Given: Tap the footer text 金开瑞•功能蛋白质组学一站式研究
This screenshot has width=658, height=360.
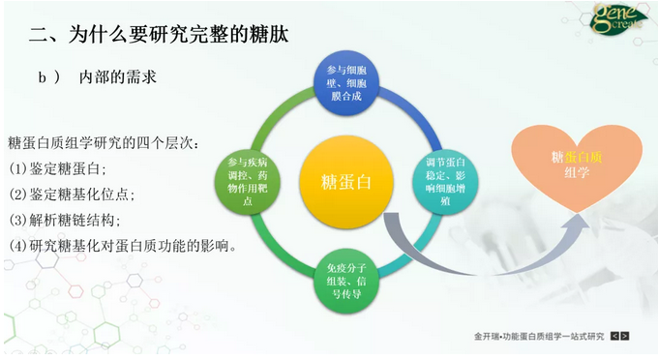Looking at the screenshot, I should tap(539, 337).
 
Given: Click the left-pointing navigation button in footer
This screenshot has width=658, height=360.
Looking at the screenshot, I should tap(613, 337).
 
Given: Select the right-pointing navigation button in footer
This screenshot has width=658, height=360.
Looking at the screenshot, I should tap(625, 337).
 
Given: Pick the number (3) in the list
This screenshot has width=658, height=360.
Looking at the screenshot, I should tap(18, 219).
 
